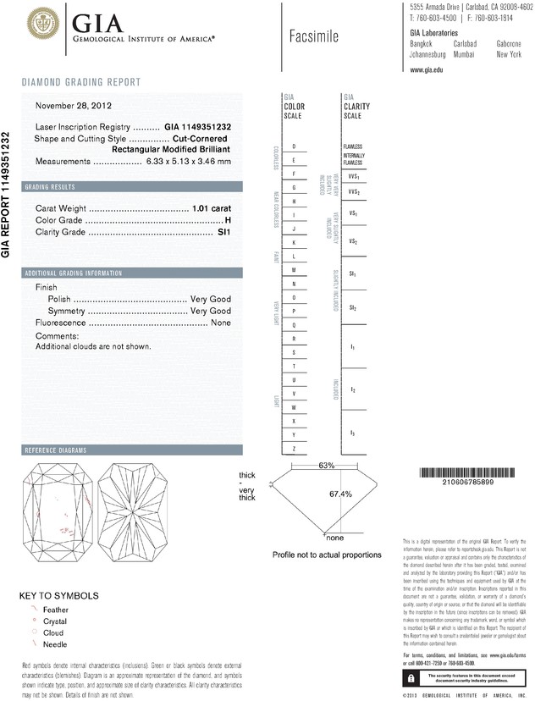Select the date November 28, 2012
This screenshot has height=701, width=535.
(x=74, y=106)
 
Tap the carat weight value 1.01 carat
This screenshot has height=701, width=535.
(x=212, y=207)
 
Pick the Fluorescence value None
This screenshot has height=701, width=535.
(x=221, y=323)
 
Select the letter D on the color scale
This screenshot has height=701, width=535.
(x=293, y=146)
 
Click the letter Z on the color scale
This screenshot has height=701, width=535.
(x=293, y=448)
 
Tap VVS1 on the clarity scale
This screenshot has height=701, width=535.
(x=354, y=176)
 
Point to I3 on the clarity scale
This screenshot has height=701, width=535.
(x=352, y=433)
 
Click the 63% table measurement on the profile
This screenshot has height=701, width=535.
(x=327, y=466)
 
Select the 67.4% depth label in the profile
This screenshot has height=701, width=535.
(x=339, y=494)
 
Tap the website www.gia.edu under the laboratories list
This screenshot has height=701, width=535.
(x=427, y=70)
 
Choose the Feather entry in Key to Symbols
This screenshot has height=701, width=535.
(x=53, y=609)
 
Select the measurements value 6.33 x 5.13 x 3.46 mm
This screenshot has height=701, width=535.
(x=188, y=161)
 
